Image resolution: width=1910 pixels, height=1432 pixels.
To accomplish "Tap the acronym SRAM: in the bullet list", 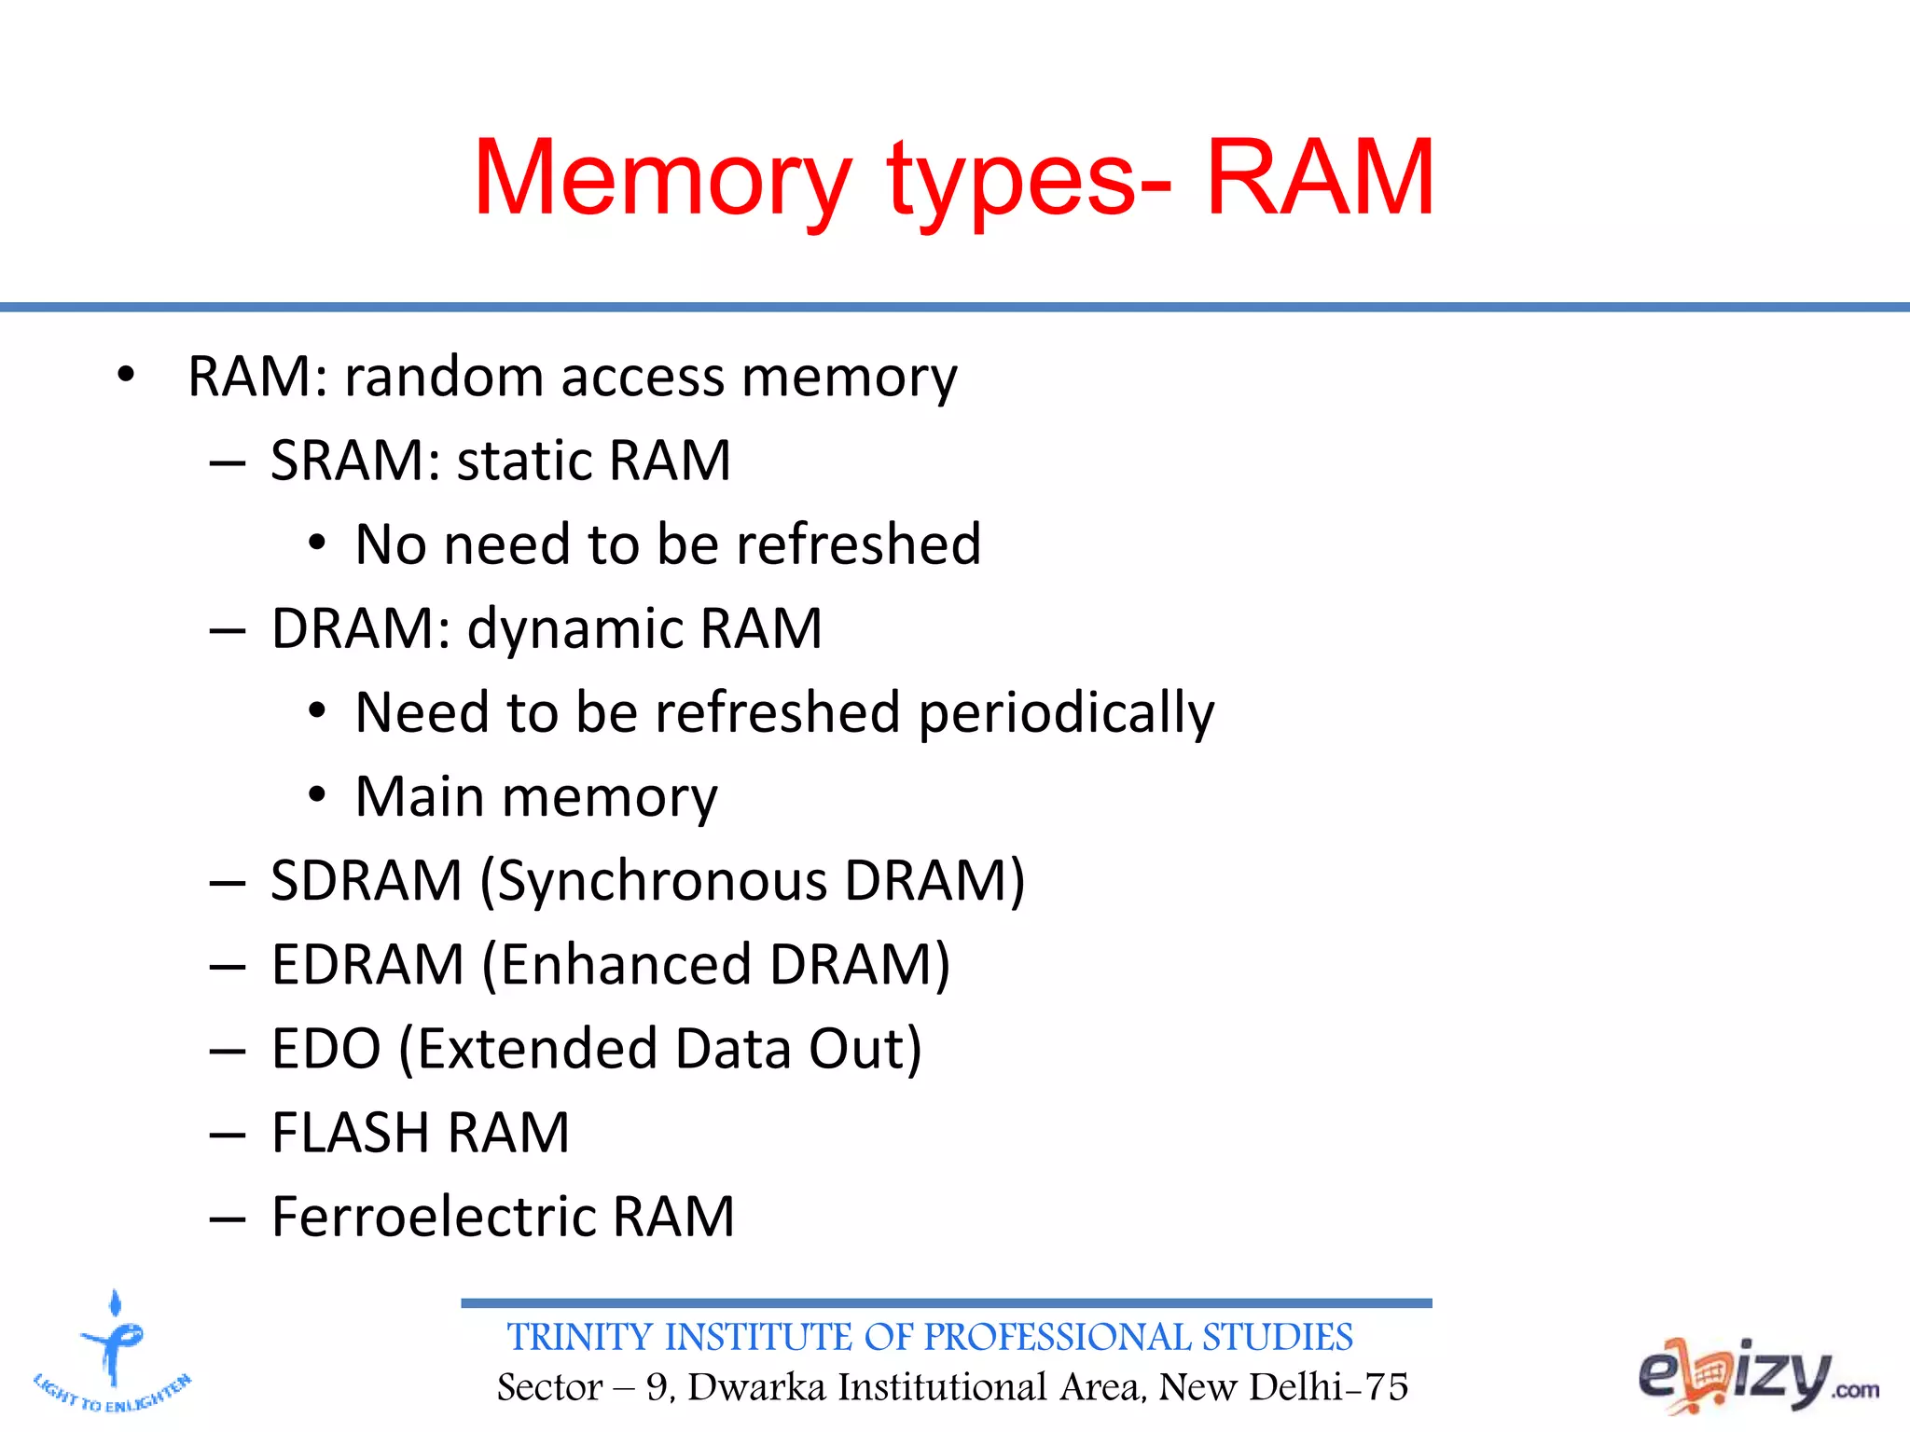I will click(354, 461).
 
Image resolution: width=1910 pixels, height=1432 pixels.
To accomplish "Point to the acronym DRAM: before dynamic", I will click(361, 628).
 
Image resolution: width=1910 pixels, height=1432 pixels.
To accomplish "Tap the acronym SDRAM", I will click(367, 880).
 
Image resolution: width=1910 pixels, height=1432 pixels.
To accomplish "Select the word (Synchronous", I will click(653, 881).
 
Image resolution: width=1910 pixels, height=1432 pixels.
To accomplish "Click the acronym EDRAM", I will click(367, 964).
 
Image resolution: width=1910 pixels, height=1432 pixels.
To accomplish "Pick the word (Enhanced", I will click(616, 964).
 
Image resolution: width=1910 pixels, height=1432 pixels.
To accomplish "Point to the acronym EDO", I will click(326, 1049).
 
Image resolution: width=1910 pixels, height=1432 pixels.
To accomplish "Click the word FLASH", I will click(350, 1133).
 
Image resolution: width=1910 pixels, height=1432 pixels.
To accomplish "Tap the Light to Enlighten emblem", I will click(113, 1351).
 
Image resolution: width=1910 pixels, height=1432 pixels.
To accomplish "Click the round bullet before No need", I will click(317, 544).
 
